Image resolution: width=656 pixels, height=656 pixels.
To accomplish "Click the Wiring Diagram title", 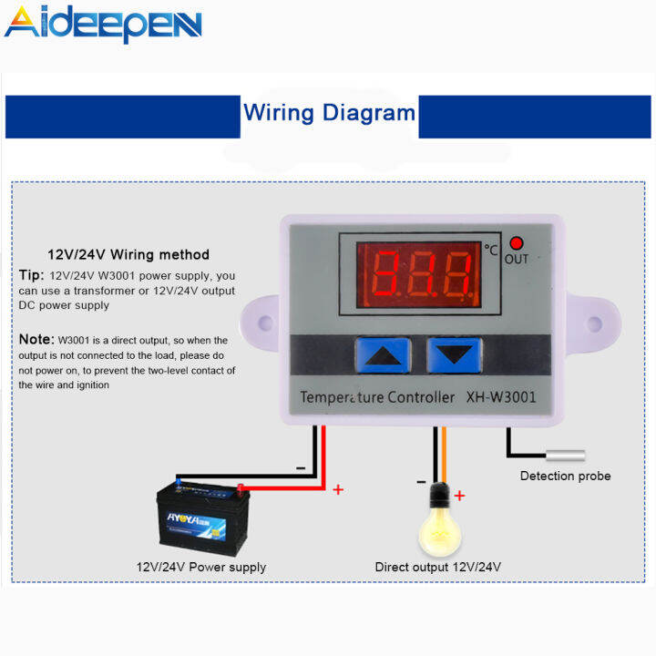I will pos(329,113).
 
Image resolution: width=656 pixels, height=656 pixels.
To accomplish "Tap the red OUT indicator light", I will pos(517,243).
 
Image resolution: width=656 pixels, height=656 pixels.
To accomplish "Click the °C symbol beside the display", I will pos(492,248).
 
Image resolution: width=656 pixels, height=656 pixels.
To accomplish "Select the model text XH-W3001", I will pos(500,397).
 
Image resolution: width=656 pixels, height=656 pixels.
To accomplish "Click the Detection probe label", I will pos(565,476).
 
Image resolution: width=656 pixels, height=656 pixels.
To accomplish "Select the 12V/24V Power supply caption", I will pos(201,567).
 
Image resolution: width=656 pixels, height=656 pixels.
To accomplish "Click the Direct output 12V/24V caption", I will pos(438,567).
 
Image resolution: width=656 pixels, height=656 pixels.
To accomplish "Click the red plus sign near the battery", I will pos(338,489).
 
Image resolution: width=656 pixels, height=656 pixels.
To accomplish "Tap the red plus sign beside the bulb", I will pos(460,496).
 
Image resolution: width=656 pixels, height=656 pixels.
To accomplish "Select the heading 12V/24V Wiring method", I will pos(128,255).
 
